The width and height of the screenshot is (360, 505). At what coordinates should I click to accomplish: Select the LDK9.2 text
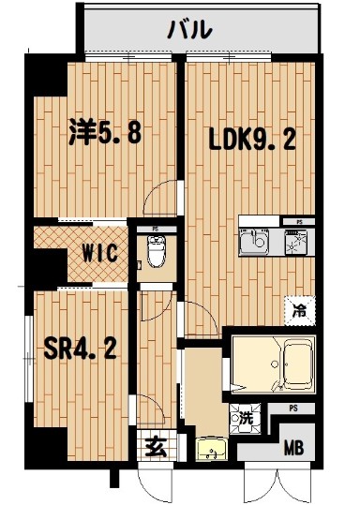(252, 140)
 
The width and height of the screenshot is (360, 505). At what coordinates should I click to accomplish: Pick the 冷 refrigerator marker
(298, 305)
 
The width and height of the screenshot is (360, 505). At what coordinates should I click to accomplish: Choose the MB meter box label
(293, 447)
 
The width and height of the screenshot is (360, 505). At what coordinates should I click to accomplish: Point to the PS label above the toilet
(155, 227)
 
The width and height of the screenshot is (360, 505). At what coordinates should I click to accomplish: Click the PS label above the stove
(298, 222)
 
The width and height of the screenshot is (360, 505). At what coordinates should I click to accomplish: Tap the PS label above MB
(292, 408)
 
